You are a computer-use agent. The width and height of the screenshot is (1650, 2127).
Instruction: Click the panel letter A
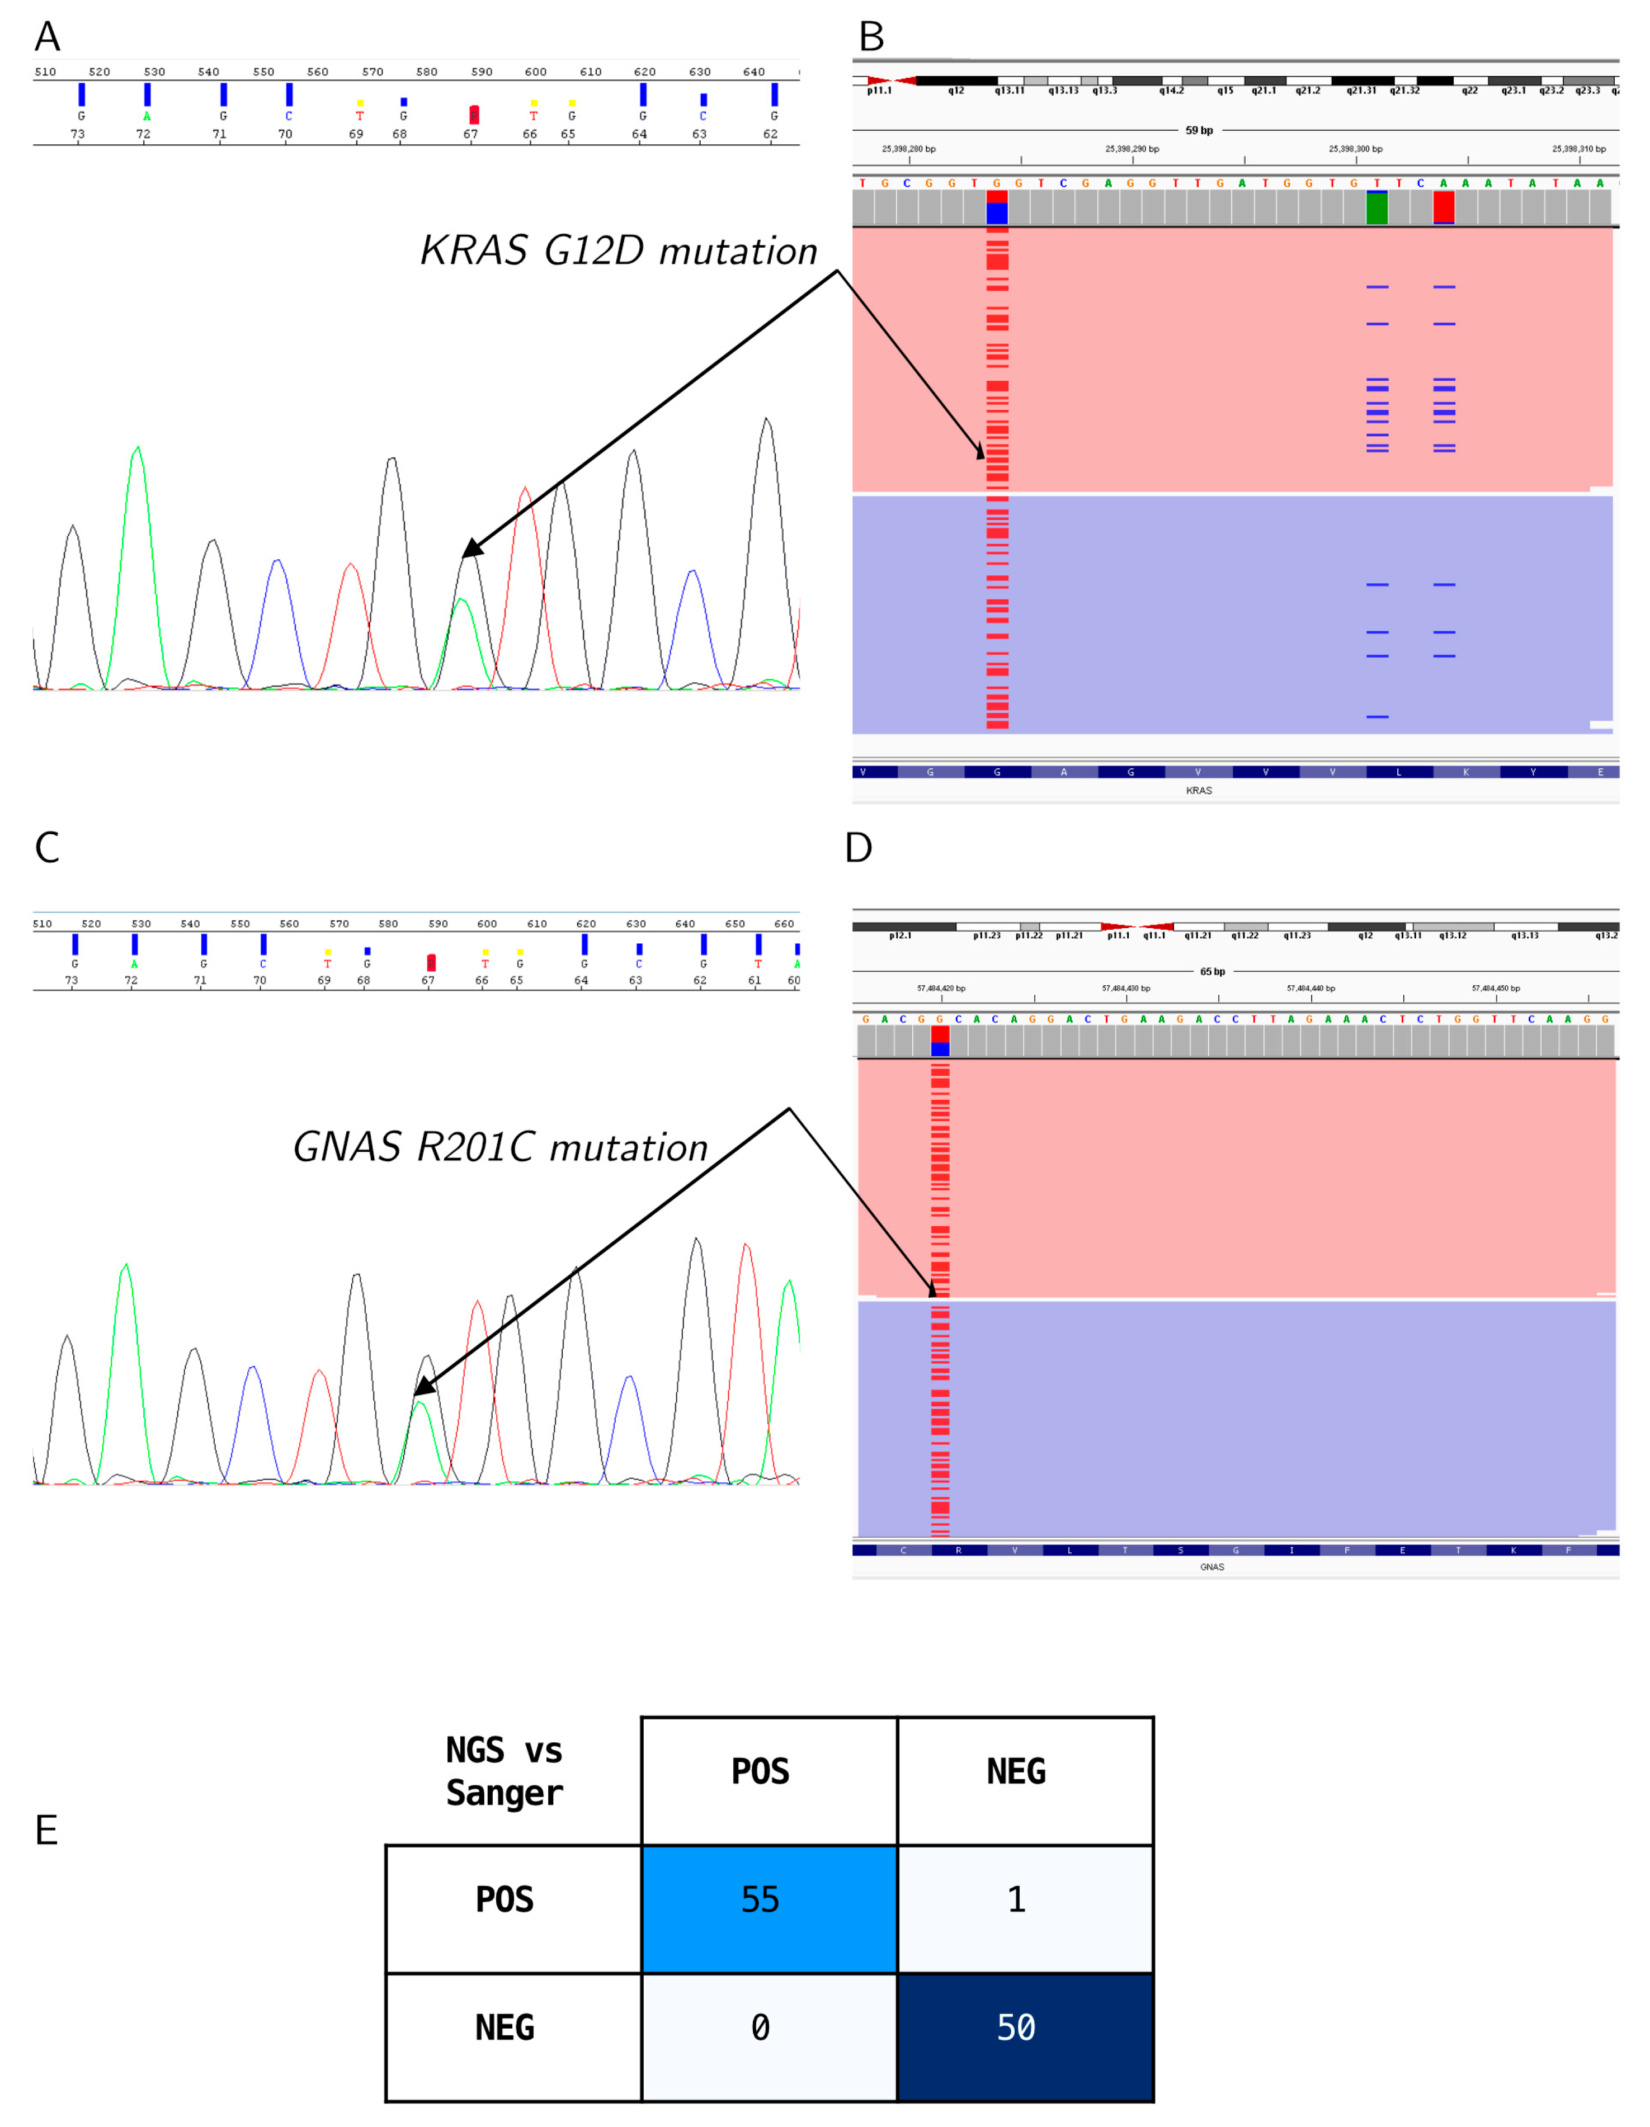pyautogui.click(x=47, y=37)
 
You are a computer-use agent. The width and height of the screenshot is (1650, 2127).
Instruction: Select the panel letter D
pyautogui.click(x=858, y=848)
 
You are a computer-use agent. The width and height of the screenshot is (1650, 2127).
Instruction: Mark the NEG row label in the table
pyautogui.click(x=505, y=2027)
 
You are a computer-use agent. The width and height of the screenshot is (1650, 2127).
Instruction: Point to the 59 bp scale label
pyautogui.click(x=1199, y=130)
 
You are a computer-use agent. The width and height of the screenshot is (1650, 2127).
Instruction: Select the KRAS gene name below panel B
pyautogui.click(x=1199, y=791)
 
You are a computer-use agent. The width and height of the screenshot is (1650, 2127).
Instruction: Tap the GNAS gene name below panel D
pyautogui.click(x=1211, y=1567)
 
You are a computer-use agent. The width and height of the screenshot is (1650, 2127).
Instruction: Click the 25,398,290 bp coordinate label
pyautogui.click(x=1132, y=149)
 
